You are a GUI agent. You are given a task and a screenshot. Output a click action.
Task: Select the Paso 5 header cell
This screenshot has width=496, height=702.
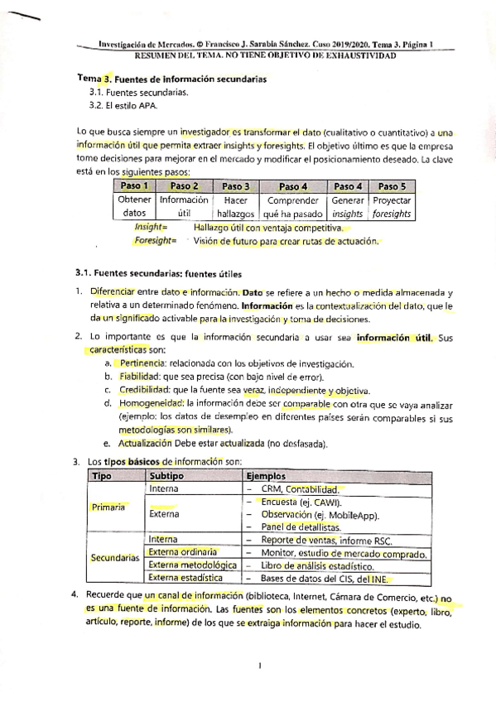pos(392,186)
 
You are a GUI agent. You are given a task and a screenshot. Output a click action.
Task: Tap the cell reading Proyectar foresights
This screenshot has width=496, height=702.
pos(392,206)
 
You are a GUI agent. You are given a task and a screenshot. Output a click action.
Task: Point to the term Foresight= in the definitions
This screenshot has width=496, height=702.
pos(156,241)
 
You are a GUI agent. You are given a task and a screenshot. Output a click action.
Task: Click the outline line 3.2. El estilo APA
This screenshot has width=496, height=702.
pos(123,105)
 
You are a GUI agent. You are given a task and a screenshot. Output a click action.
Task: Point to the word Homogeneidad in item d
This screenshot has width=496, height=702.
pos(152,404)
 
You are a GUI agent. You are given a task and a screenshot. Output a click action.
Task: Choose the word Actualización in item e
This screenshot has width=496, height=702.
pos(149,444)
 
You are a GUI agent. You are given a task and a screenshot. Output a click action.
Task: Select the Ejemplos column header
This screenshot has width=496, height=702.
pos(266,477)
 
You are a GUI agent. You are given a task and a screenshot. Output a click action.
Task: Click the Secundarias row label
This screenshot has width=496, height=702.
pos(114,557)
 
